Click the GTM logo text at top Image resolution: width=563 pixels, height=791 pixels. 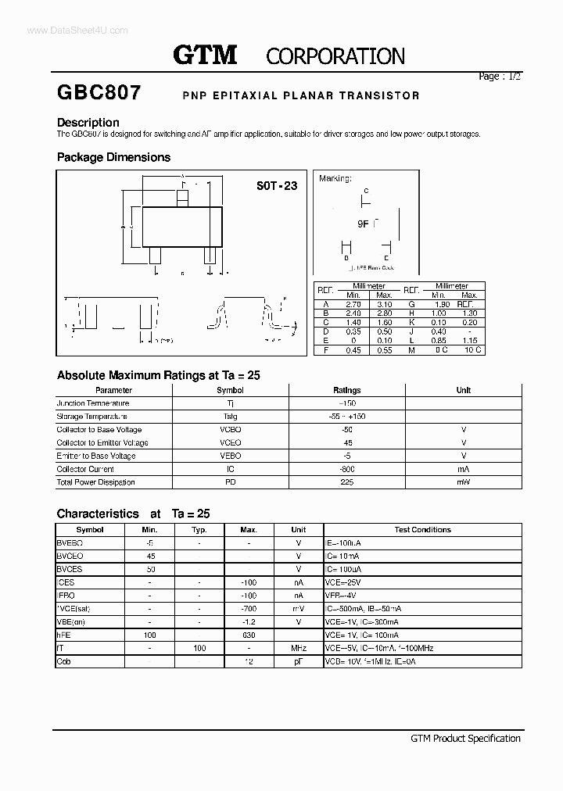click(x=204, y=55)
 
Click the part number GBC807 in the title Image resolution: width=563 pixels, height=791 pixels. click(x=99, y=93)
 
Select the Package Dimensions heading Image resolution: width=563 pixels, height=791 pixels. click(x=113, y=157)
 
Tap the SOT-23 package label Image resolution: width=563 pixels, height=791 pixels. click(x=277, y=186)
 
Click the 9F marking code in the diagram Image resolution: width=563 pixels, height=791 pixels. click(x=363, y=224)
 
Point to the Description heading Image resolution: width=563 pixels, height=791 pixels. click(x=88, y=123)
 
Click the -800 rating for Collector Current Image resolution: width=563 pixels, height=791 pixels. click(x=347, y=469)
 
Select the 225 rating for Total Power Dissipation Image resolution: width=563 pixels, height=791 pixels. click(x=347, y=482)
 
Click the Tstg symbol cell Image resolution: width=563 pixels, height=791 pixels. click(x=230, y=417)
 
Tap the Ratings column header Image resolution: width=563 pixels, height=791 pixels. click(x=347, y=390)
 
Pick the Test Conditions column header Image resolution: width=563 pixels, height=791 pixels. click(x=422, y=530)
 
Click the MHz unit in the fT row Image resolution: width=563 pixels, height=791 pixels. click(x=298, y=649)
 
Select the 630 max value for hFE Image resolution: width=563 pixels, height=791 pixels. click(x=249, y=635)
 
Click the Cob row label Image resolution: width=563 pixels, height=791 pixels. click(x=64, y=662)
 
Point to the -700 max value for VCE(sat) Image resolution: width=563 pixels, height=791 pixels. click(x=249, y=609)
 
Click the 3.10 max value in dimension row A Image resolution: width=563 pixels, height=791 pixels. click(x=384, y=304)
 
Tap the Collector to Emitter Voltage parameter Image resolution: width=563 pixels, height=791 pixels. click(x=102, y=442)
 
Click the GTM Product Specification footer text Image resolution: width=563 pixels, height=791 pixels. click(x=465, y=738)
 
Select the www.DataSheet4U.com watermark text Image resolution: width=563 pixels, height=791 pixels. click(x=66, y=30)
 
